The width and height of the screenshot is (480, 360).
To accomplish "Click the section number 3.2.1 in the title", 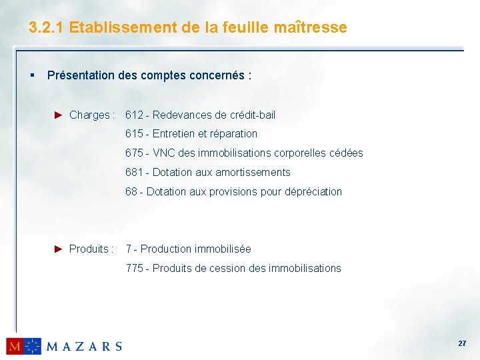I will coord(46,28).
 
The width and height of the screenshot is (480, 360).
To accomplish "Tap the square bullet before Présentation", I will coord(32,75).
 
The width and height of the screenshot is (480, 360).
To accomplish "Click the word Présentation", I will coord(81,75).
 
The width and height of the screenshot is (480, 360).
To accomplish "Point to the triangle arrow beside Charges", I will coord(58,115).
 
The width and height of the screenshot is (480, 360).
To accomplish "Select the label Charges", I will coord(89,115).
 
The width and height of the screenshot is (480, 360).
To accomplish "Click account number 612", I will coord(134,115).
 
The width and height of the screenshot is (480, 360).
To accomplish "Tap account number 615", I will coord(134,133).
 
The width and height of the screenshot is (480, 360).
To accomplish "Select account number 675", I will coord(134,153).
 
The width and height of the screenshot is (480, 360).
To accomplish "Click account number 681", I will coord(134,172).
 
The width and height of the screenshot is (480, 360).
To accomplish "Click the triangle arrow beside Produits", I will coord(58,249).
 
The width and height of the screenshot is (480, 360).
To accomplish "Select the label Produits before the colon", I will coord(88,249).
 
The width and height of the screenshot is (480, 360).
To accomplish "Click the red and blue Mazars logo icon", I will coord(23,346).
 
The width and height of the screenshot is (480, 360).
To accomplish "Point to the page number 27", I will coord(461,343).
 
